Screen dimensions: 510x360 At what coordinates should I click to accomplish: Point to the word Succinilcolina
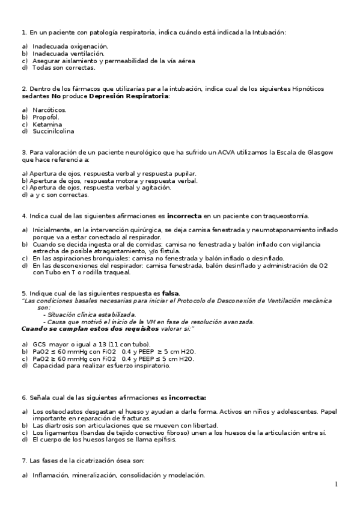click(x=53, y=131)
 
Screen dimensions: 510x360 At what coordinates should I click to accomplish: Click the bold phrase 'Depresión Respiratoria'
click(x=129, y=96)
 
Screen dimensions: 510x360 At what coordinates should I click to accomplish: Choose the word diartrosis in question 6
click(x=58, y=425)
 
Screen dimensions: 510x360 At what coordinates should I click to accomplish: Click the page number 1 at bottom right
click(x=337, y=485)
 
